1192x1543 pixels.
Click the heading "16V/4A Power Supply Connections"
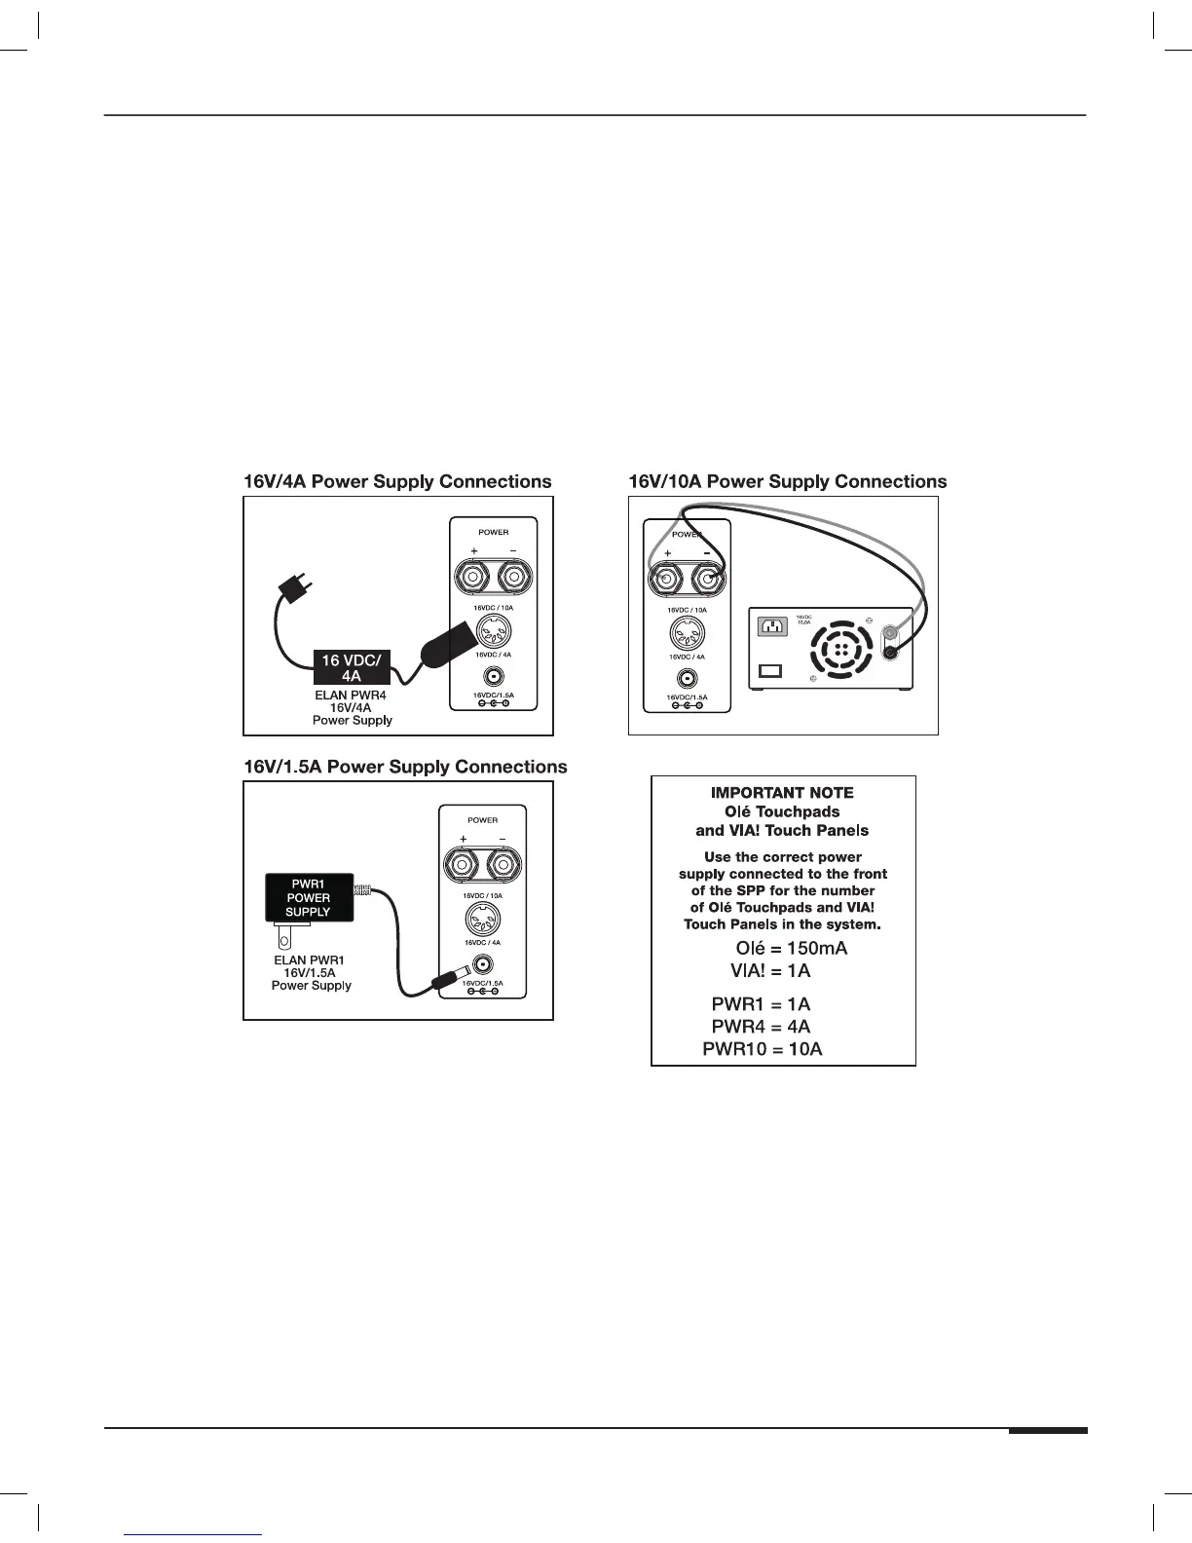pyautogui.click(x=396, y=482)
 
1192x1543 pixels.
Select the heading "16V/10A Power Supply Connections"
pyautogui.click(x=787, y=482)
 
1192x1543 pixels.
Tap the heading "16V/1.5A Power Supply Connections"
pyautogui.click(x=404, y=768)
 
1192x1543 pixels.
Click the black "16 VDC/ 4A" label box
pyautogui.click(x=351, y=667)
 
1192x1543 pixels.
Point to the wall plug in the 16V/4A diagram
pyautogui.click(x=290, y=588)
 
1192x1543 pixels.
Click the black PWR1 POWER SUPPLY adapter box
pyautogui.click(x=309, y=898)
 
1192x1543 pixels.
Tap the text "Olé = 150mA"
pyautogui.click(x=791, y=949)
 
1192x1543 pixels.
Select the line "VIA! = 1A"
pyautogui.click(x=770, y=971)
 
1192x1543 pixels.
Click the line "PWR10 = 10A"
pyautogui.click(x=763, y=1049)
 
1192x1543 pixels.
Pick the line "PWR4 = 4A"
pyautogui.click(x=761, y=1027)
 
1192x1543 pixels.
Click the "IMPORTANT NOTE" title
pyautogui.click(x=782, y=793)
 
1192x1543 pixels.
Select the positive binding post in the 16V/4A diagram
pyautogui.click(x=473, y=581)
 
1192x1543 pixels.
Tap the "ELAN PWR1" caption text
pyautogui.click(x=310, y=960)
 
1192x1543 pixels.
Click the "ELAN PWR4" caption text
pyautogui.click(x=351, y=696)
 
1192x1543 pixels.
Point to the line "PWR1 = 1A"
pyautogui.click(x=761, y=1004)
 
